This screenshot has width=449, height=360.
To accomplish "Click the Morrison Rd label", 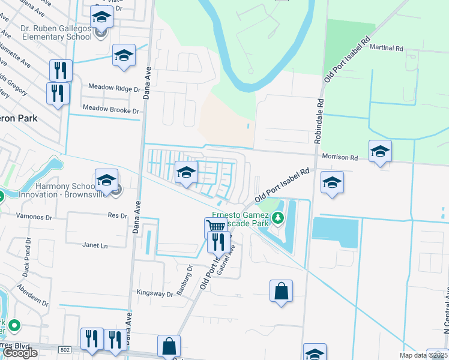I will pyautogui.click(x=340, y=157).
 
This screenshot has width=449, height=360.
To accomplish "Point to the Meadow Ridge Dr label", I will pyautogui.click(x=114, y=88).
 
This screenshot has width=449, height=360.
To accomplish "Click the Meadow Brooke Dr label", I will pyautogui.click(x=110, y=110).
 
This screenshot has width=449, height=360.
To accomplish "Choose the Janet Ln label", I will pyautogui.click(x=95, y=245).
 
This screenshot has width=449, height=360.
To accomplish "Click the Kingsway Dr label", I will pyautogui.click(x=155, y=294).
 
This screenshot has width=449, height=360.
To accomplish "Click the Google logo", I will pyautogui.click(x=20, y=353).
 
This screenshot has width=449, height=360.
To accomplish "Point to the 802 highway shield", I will pyautogui.click(x=65, y=349).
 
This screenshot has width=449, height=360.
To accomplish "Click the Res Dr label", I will pyautogui.click(x=118, y=215).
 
